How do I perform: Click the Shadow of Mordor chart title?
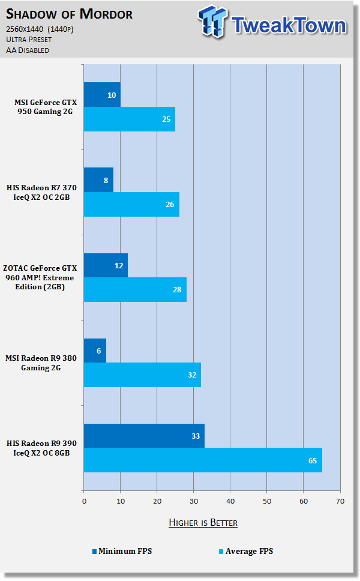(x=70, y=13)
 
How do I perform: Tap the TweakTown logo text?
(x=288, y=25)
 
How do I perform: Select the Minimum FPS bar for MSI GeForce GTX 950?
(x=102, y=95)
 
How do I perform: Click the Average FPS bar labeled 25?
(x=129, y=119)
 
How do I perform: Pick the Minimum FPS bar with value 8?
(x=98, y=180)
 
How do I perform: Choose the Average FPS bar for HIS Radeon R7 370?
(x=131, y=205)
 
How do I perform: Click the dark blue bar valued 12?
(x=106, y=265)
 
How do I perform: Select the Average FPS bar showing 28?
(x=135, y=290)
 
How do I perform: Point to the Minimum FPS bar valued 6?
(x=95, y=351)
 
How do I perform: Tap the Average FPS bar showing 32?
(x=142, y=375)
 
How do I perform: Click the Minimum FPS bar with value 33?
(x=144, y=436)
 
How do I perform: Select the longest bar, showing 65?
(x=203, y=460)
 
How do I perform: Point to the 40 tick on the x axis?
(x=230, y=501)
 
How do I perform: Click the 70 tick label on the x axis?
(x=340, y=501)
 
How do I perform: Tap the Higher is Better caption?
(x=203, y=523)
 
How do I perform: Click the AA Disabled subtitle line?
(x=28, y=50)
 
